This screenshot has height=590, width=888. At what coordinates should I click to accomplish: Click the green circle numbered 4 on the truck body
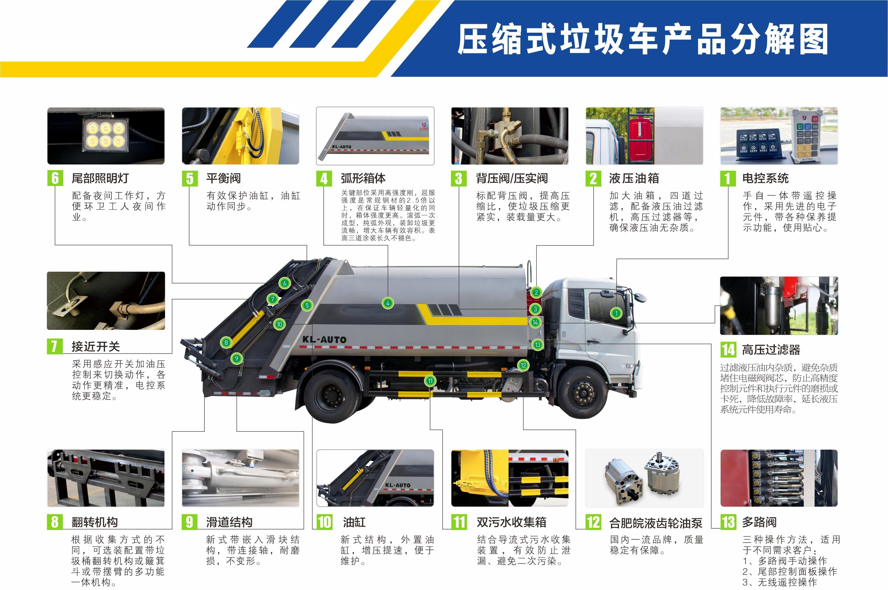pyautogui.click(x=387, y=303)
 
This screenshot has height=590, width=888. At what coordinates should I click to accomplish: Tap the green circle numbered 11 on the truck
pyautogui.click(x=430, y=380)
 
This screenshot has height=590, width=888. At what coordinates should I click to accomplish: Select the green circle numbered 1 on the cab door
pyautogui.click(x=616, y=313)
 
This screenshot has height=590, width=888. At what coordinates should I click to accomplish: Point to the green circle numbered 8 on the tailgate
pyautogui.click(x=226, y=342)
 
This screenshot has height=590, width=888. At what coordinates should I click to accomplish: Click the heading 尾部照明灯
pyautogui.click(x=100, y=178)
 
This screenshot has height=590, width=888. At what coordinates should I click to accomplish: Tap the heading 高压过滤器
pyautogui.click(x=771, y=350)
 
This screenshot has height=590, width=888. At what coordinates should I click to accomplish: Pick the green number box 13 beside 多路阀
pyautogui.click(x=728, y=522)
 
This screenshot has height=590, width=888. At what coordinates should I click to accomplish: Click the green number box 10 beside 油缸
pyautogui.click(x=324, y=522)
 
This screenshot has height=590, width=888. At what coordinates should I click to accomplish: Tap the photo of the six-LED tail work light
pyautogui.click(x=106, y=136)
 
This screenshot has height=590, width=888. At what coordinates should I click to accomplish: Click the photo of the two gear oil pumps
pyautogui.click(x=644, y=478)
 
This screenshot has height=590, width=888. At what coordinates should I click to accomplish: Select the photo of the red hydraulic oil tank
pyautogui.click(x=644, y=136)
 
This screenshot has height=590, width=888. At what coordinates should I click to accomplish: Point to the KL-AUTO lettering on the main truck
pyautogui.click(x=324, y=339)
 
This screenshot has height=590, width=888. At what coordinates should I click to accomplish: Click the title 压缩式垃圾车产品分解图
pyautogui.click(x=643, y=39)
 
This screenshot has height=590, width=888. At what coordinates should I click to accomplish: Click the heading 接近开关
pyautogui.click(x=96, y=346)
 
